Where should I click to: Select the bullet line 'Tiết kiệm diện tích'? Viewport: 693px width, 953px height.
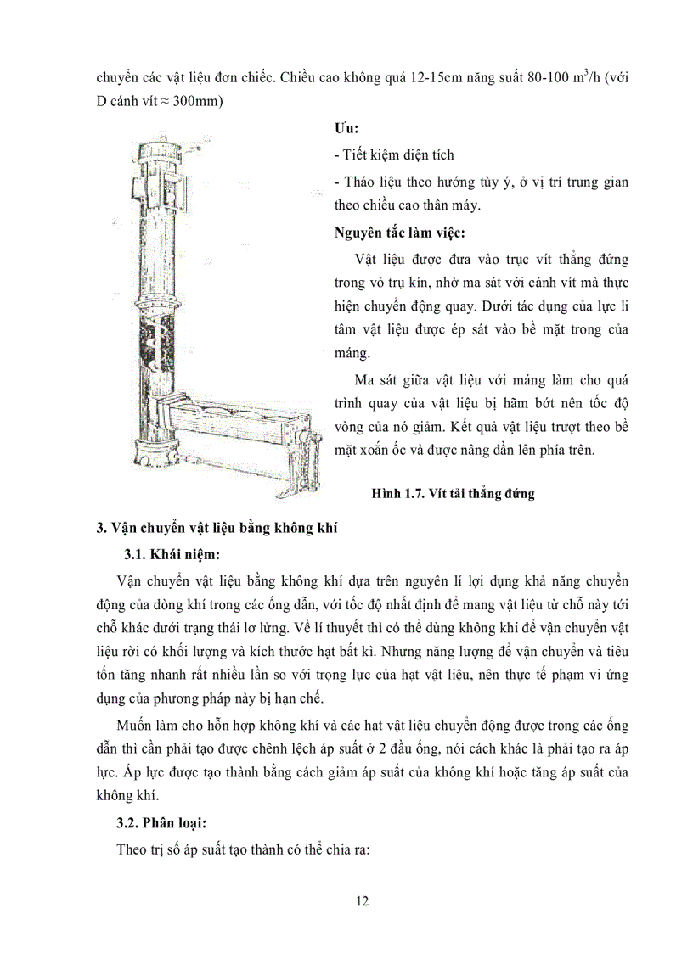[395, 154]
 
